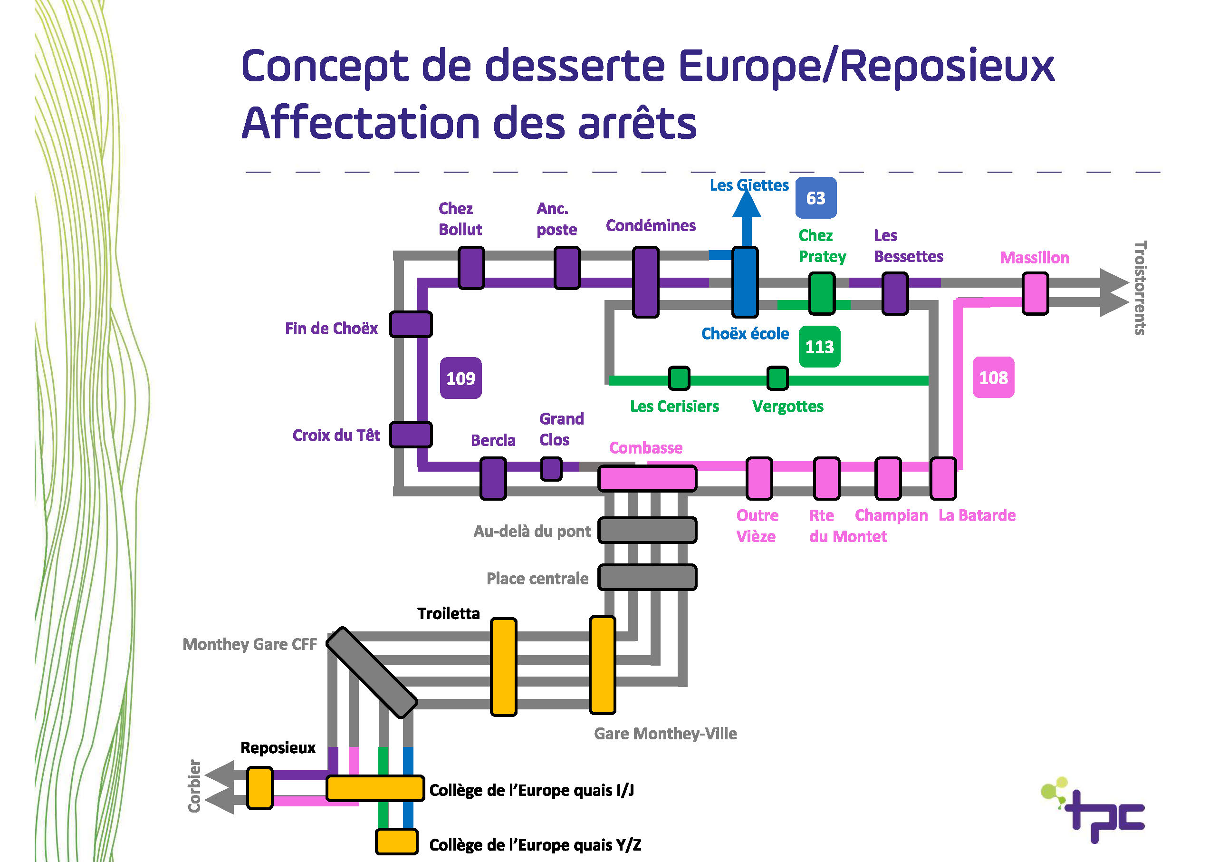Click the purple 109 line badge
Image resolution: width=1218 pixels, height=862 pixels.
460,378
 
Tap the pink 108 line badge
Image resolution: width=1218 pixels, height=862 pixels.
993,378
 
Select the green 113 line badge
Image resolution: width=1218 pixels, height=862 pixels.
820,347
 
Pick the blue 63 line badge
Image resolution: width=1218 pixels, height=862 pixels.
816,197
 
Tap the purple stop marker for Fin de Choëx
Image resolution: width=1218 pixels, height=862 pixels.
411,324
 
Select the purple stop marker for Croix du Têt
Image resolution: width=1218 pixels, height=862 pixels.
411,434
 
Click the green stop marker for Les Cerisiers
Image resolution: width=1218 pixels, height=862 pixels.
679,378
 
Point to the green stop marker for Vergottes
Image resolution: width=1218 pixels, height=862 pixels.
777,378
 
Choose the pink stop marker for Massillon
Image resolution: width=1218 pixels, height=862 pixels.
1035,293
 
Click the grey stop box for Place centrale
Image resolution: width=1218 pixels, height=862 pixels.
647,577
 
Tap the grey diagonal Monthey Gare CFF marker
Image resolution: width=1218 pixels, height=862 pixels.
371,672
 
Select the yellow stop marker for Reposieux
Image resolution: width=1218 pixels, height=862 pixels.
260,788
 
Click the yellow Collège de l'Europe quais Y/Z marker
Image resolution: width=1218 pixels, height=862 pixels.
397,841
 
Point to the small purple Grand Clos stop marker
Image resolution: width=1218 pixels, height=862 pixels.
551,469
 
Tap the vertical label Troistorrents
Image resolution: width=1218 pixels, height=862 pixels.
1140,288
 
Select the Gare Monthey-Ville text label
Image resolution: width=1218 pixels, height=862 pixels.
665,733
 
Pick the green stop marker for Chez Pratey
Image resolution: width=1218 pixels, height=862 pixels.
822,293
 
